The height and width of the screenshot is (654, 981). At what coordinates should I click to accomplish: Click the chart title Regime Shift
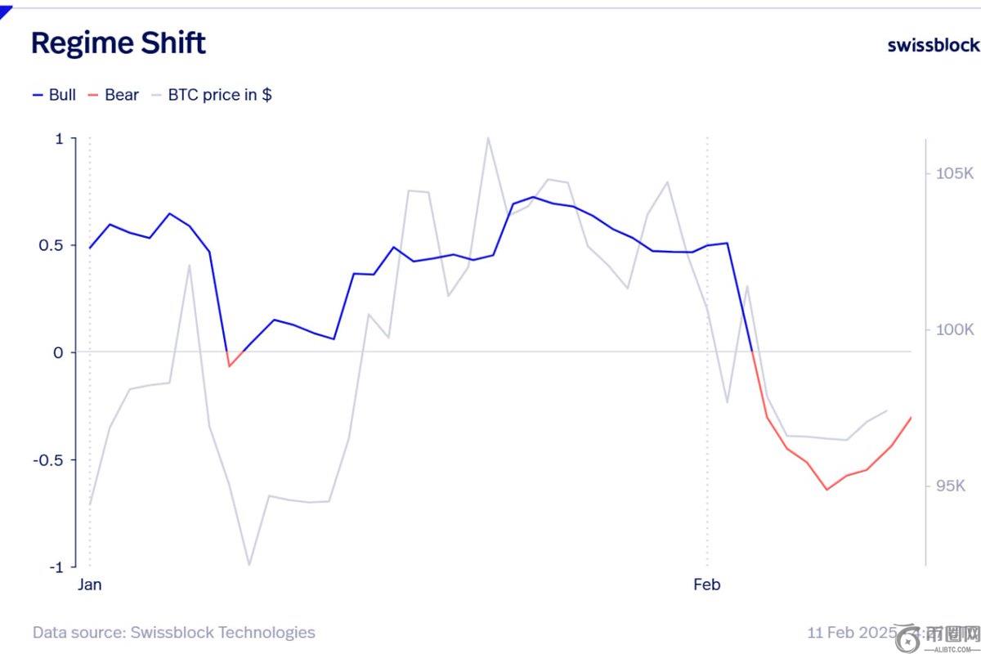[x=119, y=43]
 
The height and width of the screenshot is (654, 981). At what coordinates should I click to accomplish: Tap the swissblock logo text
[x=933, y=44]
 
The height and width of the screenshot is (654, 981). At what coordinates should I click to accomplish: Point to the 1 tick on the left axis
[x=58, y=139]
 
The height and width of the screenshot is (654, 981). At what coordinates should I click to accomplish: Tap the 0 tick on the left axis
[x=58, y=352]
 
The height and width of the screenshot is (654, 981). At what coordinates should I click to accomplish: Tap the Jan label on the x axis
[x=90, y=585]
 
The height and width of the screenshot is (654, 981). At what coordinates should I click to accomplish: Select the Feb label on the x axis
[x=707, y=585]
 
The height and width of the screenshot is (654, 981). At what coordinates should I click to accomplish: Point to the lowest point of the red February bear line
[x=826, y=490]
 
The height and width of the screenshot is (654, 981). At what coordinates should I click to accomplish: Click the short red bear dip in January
[x=230, y=365]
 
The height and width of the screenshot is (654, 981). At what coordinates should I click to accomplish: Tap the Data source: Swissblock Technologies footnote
[x=173, y=632]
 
